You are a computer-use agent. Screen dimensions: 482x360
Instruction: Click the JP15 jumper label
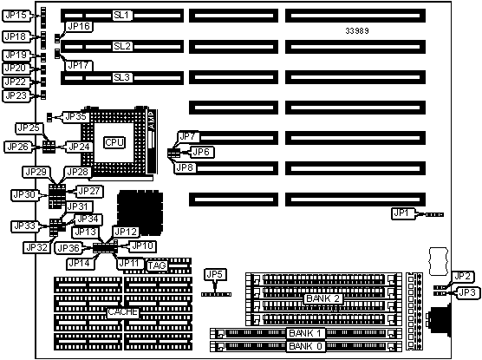point(16,16)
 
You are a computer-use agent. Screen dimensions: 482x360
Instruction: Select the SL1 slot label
point(122,16)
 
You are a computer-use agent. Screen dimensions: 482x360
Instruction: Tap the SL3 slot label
point(122,77)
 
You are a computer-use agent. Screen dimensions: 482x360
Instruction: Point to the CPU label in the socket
point(114,142)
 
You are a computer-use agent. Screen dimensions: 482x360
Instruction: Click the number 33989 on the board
point(357,30)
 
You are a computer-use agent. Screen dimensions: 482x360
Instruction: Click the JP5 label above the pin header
point(215,274)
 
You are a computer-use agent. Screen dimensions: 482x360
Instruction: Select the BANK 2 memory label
point(323,298)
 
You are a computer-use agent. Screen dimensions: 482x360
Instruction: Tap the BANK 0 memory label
point(305,346)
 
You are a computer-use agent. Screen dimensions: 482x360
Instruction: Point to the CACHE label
point(122,312)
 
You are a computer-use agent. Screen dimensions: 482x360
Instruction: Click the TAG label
point(157,265)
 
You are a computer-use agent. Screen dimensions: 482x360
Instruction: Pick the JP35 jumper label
point(76,117)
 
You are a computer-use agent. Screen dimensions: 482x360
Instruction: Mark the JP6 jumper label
point(201,152)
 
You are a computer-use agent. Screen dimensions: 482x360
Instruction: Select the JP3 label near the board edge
point(467,292)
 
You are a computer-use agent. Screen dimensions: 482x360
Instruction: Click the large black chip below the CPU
point(140,213)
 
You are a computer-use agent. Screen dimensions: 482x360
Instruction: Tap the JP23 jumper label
point(16,95)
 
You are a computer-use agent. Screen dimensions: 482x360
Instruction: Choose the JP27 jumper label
point(89,192)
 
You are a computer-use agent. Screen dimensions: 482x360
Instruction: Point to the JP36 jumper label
point(68,248)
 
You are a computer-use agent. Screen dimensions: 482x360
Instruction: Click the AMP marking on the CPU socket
point(152,120)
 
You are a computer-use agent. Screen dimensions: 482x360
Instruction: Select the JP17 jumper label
point(78,65)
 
